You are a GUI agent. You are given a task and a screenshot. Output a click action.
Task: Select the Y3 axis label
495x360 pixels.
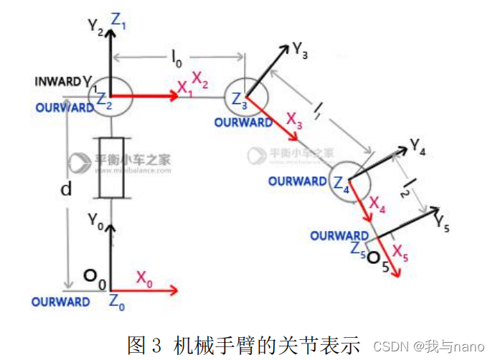coord(301,49)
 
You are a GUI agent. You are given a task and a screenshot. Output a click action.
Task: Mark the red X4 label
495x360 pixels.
coord(377,207)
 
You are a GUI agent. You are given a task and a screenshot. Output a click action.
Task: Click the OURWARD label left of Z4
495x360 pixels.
coord(297,181)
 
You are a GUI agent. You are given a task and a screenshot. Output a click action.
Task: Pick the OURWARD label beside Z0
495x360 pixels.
coord(60,302)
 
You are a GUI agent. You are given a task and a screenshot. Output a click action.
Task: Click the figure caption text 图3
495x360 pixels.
coord(146,344)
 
